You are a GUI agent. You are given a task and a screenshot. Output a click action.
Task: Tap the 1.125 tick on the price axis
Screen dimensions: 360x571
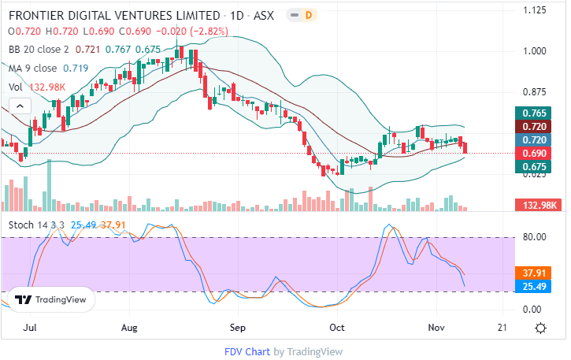536,10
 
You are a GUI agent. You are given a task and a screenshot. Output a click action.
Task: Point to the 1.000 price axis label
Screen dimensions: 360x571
536,51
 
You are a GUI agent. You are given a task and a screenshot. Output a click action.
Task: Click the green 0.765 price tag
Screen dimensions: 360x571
529,113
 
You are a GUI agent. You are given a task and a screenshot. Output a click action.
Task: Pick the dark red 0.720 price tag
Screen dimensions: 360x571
529,127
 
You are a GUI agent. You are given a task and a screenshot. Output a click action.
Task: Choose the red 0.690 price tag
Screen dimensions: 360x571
529,153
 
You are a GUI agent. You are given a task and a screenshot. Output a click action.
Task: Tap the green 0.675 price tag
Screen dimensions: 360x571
529,166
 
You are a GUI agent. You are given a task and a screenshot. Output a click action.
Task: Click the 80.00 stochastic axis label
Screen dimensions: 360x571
536,236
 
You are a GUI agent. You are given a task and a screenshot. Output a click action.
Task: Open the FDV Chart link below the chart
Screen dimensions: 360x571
247,351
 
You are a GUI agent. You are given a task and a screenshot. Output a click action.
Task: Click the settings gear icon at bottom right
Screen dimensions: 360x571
540,328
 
